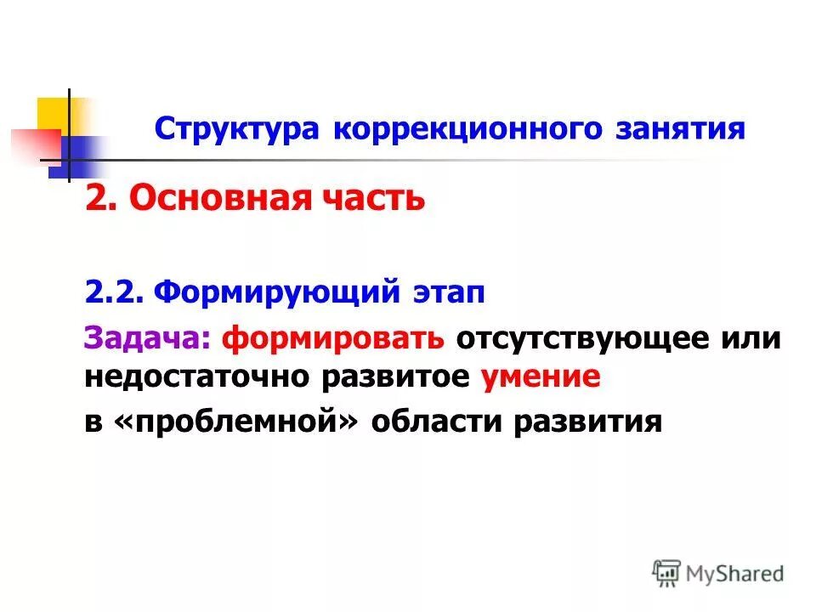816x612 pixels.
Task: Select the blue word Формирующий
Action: click(x=277, y=294)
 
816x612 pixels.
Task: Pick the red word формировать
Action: click(x=332, y=338)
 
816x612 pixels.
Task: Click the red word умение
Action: click(x=541, y=378)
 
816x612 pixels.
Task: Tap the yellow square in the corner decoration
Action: click(x=53, y=114)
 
